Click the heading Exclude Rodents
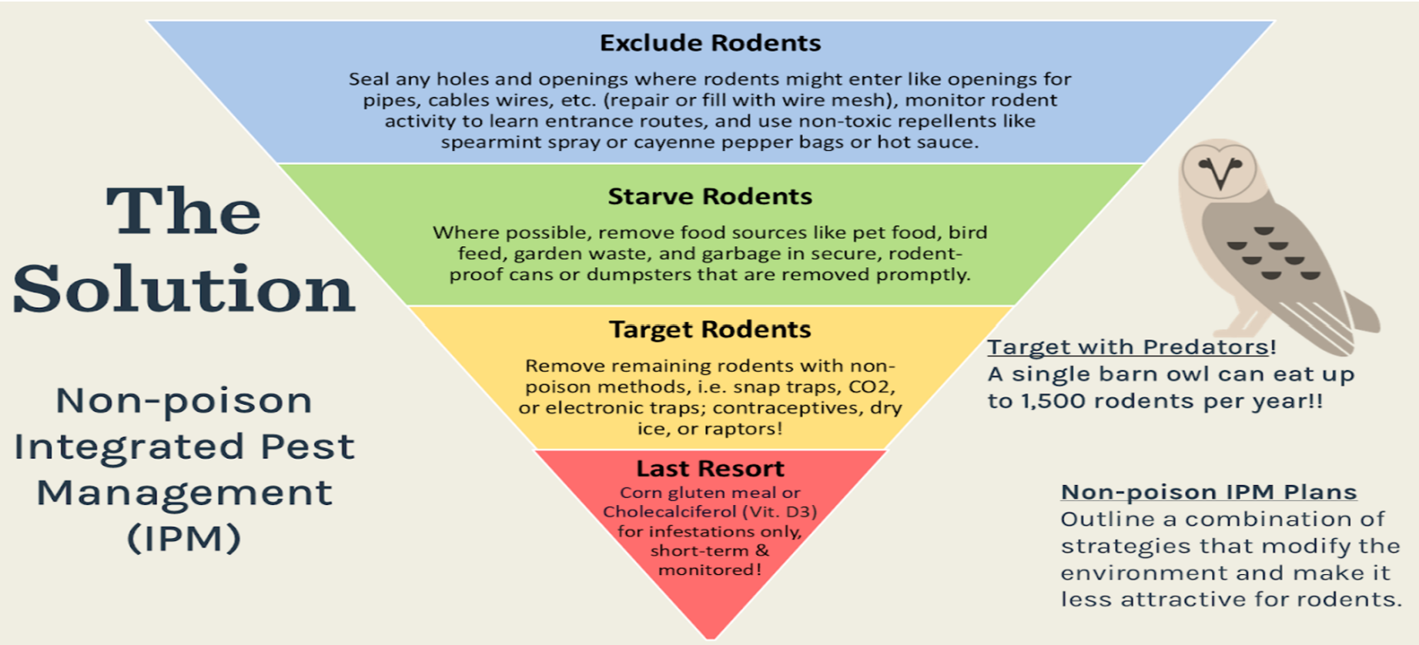click(710, 43)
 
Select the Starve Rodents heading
click(710, 197)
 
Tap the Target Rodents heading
click(710, 329)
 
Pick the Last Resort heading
click(710, 469)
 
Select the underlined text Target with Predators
click(1128, 347)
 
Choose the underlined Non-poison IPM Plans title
click(1208, 492)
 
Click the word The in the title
click(183, 211)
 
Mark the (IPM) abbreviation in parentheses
click(183, 538)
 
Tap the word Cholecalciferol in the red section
click(670, 512)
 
